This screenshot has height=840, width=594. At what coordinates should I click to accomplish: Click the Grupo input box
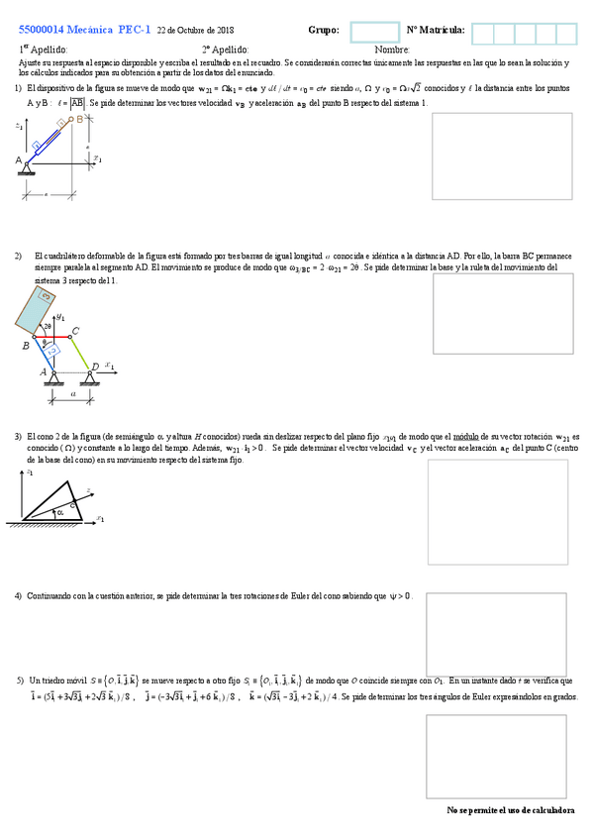374,34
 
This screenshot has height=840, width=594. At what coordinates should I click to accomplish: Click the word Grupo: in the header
324,31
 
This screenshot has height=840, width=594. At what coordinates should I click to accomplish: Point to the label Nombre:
392,50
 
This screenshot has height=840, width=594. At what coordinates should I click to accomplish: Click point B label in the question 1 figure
79,119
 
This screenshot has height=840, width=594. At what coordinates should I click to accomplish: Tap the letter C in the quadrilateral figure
76,332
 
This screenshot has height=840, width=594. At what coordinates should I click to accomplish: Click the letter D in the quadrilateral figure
95,367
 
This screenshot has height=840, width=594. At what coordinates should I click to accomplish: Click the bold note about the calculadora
510,809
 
